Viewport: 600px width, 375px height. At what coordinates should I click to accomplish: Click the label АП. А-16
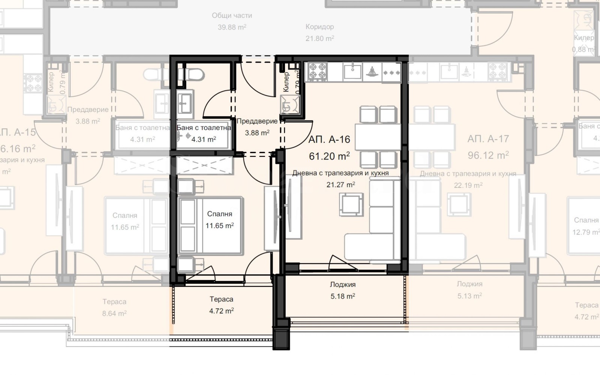[x=329, y=140]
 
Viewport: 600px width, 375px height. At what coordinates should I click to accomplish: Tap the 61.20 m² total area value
[x=329, y=156]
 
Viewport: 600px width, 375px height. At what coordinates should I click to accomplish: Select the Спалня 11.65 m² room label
[x=219, y=220]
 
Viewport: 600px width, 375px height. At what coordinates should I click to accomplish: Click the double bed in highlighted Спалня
[x=210, y=225]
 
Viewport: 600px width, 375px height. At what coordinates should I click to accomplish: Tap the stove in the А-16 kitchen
[x=317, y=71]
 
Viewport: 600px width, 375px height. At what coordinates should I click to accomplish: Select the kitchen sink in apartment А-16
[x=352, y=71]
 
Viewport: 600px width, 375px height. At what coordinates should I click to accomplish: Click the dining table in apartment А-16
[x=378, y=137]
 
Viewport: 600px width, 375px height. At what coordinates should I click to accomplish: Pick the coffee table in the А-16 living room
[x=351, y=205]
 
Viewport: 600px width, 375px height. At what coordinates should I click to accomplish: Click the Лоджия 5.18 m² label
[x=343, y=290]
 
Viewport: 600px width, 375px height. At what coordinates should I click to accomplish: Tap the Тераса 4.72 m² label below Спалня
[x=221, y=305]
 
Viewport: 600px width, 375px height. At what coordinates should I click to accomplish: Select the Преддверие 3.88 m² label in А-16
[x=257, y=127]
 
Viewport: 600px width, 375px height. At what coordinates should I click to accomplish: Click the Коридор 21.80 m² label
[x=319, y=32]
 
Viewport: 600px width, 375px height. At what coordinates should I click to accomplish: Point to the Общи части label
[x=232, y=16]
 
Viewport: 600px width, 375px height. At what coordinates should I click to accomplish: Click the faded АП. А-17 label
[x=488, y=139]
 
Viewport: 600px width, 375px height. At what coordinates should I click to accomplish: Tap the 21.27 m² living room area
[x=340, y=185]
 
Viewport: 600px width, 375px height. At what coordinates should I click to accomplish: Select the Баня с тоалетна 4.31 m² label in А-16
[x=204, y=133]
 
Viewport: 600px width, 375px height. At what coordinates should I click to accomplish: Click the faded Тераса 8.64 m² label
[x=114, y=307]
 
